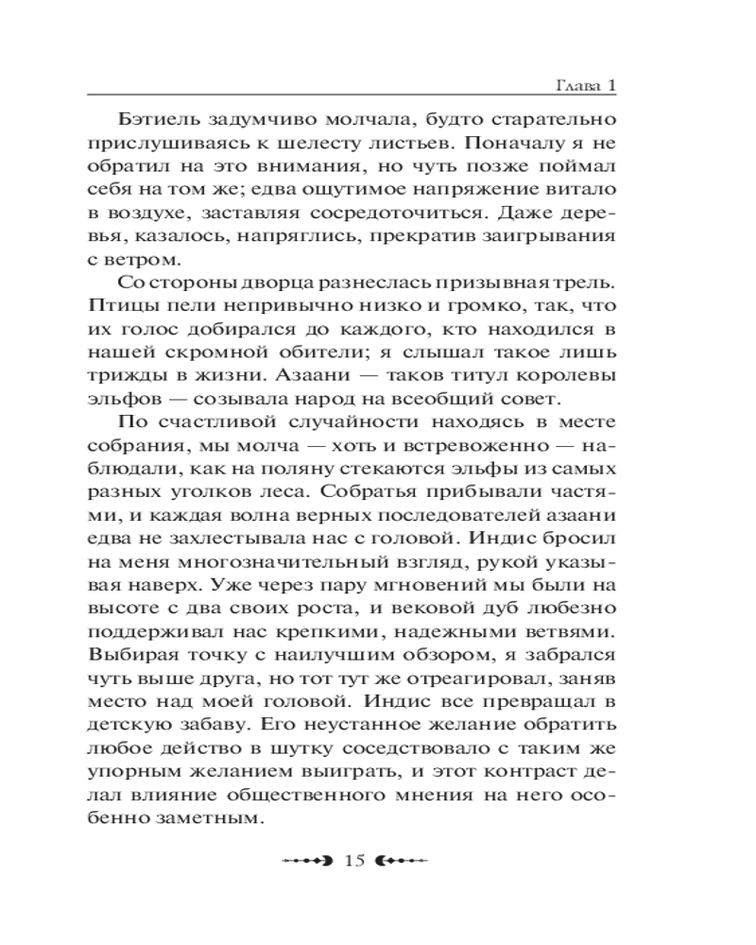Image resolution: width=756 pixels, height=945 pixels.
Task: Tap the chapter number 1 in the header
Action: tap(611, 85)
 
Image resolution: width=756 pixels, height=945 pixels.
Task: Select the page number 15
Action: tap(354, 860)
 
